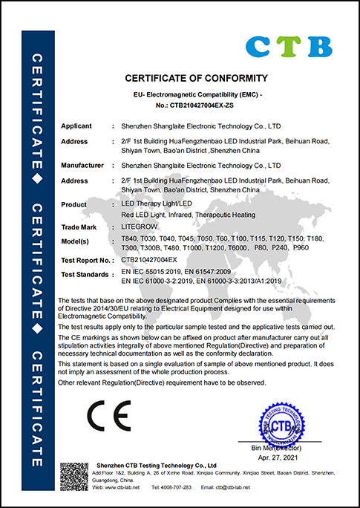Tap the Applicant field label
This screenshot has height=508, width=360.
pos(76,128)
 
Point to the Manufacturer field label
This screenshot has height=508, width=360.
pos(82,165)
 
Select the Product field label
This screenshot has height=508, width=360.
pos(74,203)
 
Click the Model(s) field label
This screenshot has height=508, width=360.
pos(75,239)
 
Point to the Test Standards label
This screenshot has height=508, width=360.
pos(84,274)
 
